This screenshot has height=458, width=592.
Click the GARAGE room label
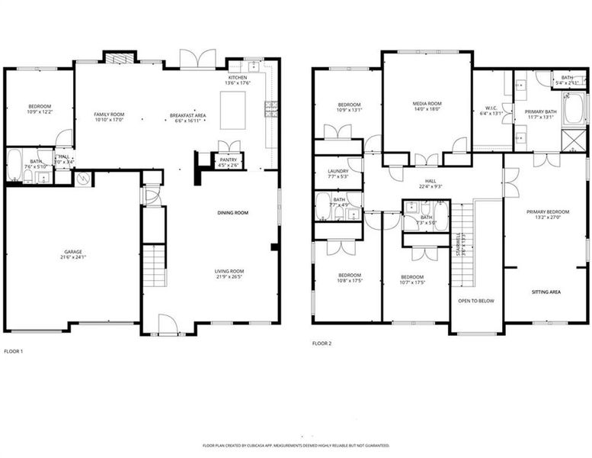click(x=72, y=251)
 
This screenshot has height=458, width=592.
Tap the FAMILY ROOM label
click(x=109, y=115)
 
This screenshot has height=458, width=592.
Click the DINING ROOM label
click(x=233, y=212)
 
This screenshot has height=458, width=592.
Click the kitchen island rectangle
click(x=232, y=110)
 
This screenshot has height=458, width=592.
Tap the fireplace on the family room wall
click(x=119, y=57)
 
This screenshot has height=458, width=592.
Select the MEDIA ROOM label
click(x=427, y=104)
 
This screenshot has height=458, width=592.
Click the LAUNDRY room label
click(x=338, y=171)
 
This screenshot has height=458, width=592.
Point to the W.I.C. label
click(x=491, y=108)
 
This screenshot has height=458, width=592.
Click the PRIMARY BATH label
click(x=539, y=112)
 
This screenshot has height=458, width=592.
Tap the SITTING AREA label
click(x=546, y=292)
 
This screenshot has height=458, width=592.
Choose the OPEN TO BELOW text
click(x=475, y=301)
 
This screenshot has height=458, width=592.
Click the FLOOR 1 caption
click(x=14, y=351)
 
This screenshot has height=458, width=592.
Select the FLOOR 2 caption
click(x=322, y=343)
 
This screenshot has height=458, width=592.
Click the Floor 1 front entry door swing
click(x=167, y=324)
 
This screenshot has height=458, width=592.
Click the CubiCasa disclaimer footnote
click(x=296, y=444)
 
